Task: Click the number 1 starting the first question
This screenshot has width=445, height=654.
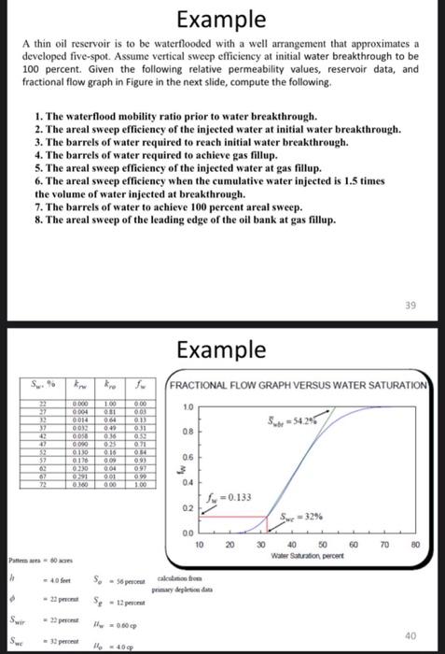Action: (x=36, y=112)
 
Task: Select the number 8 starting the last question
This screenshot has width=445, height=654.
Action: (x=36, y=220)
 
